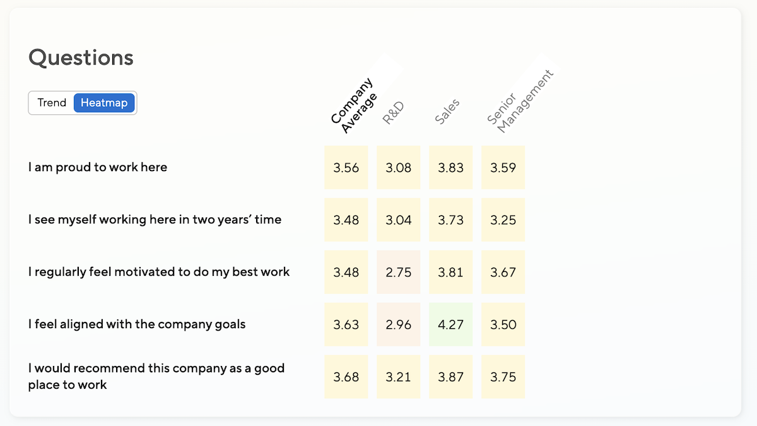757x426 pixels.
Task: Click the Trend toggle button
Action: [52, 103]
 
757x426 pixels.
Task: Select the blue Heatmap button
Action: [104, 103]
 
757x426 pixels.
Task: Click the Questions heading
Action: [81, 57]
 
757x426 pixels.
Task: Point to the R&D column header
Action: [393, 112]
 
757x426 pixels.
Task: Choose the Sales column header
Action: [447, 111]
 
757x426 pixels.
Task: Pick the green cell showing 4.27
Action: [450, 324]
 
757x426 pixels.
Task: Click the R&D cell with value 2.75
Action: [398, 272]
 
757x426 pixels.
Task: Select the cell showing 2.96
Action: [398, 324]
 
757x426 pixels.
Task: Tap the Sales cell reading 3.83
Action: [450, 167]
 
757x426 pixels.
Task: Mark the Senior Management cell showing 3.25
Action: [503, 220]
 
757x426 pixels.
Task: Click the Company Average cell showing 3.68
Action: [346, 377]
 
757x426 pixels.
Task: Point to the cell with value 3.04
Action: [398, 220]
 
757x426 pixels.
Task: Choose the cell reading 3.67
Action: [503, 272]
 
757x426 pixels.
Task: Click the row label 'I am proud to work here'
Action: [98, 167]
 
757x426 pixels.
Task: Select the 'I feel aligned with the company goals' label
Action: [137, 324]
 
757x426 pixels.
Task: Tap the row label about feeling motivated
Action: [159, 272]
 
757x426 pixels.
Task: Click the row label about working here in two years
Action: [155, 220]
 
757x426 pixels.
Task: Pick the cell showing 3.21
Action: [398, 377]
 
